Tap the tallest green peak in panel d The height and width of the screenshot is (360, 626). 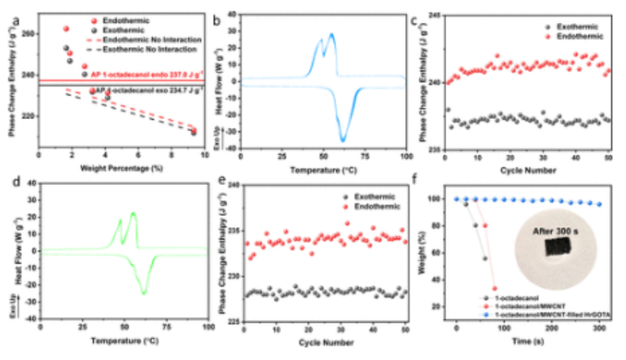tap(134, 213)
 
